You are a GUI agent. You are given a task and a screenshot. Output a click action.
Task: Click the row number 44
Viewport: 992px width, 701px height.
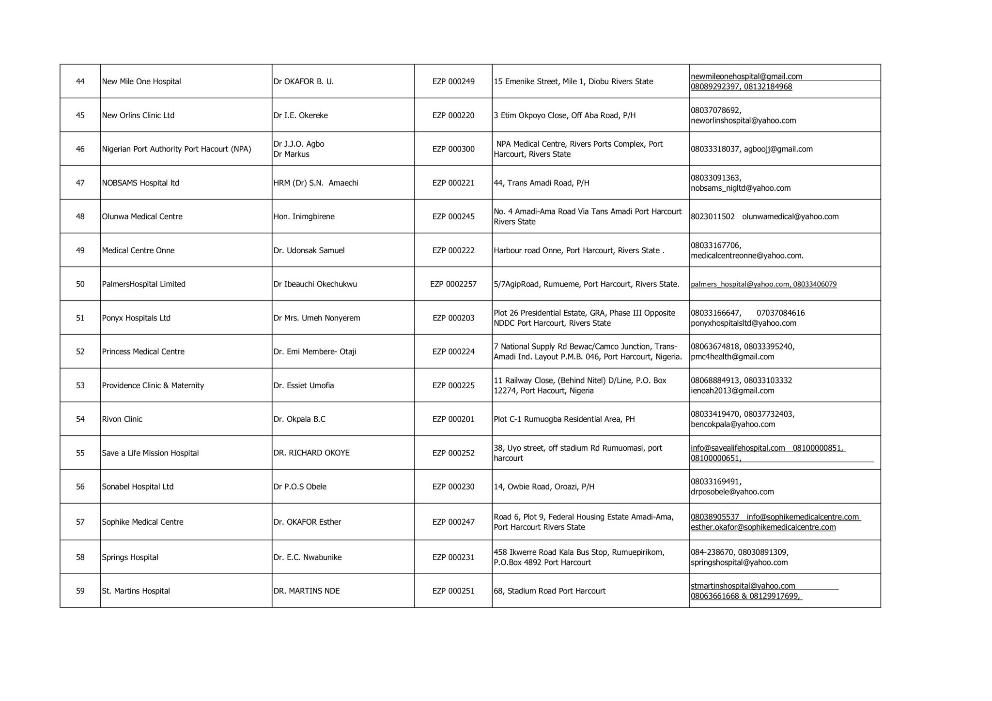[x=80, y=81]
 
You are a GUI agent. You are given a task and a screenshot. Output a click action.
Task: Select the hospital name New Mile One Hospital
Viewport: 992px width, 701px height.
[x=141, y=81]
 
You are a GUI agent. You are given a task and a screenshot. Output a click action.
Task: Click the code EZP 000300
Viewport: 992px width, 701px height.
[x=453, y=149]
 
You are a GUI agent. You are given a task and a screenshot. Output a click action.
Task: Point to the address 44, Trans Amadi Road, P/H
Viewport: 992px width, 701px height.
[x=542, y=183]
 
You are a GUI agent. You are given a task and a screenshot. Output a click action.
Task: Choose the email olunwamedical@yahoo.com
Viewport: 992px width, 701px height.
[x=790, y=216]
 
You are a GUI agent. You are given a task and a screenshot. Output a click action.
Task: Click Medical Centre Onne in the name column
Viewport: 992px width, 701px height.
[x=138, y=250]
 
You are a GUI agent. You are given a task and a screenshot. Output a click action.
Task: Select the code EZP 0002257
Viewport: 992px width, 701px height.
[x=453, y=284]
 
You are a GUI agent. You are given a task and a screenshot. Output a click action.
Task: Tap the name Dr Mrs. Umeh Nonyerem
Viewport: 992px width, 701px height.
[x=317, y=318]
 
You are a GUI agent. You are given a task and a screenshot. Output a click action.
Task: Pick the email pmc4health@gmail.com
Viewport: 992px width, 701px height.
[x=732, y=357]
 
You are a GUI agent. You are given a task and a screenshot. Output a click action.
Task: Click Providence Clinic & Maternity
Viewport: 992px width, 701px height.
[x=153, y=385]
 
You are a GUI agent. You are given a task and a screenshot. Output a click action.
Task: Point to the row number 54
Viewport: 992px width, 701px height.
[x=80, y=419]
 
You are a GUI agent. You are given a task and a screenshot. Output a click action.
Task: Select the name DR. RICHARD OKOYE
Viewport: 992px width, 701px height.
[x=311, y=453]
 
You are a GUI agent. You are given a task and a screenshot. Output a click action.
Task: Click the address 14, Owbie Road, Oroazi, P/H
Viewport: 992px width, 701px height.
[x=544, y=487]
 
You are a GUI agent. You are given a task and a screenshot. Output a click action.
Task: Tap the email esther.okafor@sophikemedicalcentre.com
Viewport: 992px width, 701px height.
[x=763, y=527]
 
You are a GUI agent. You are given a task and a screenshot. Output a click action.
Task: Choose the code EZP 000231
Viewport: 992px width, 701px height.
[x=453, y=557]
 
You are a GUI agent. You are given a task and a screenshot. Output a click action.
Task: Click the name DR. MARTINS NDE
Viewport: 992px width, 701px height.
[x=307, y=591]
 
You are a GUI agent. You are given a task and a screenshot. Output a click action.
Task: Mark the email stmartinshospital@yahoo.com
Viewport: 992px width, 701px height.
[x=743, y=586]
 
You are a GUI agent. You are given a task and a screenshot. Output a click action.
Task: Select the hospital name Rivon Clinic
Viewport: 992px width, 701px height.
[x=122, y=419]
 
